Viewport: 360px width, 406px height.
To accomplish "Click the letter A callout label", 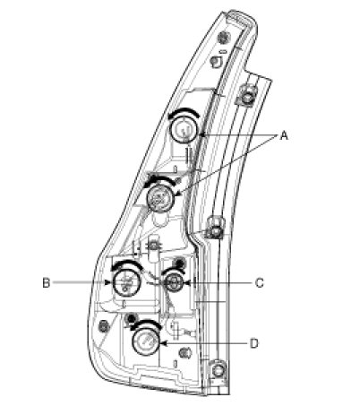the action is [x=284, y=135].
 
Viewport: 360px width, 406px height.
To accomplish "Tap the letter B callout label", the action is [x=47, y=282].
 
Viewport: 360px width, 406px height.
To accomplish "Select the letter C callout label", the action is [x=260, y=282].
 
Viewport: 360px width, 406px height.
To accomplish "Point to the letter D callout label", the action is [x=253, y=344].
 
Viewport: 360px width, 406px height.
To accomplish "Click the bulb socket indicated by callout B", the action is [x=126, y=282].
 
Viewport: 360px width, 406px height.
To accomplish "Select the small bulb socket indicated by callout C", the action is [x=173, y=282].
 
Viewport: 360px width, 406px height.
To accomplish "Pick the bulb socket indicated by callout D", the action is [x=146, y=341].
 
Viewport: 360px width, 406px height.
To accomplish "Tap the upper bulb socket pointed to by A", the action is [x=184, y=130].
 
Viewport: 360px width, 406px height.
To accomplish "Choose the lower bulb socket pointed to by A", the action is [x=160, y=198].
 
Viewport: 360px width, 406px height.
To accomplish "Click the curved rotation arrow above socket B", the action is [x=126, y=263].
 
